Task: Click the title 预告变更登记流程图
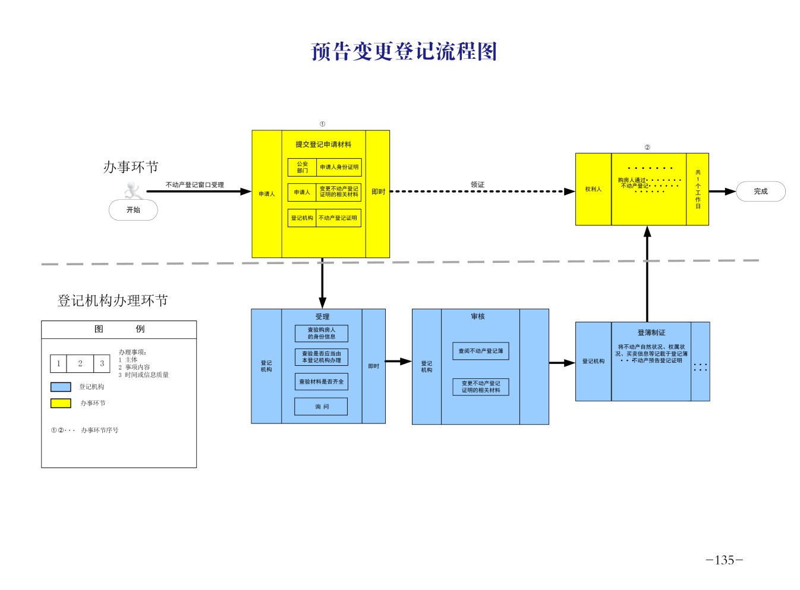pos(404,52)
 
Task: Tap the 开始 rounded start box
pos(133,210)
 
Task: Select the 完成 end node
pos(761,192)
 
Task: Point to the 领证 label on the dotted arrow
pos(477,184)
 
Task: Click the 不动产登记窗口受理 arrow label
pos(194,185)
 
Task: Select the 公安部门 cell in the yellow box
pos(303,167)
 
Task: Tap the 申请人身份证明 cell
pos(339,167)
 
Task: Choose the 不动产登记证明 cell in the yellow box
pos(338,218)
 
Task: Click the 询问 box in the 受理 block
pos(321,407)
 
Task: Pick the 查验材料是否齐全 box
pos(321,382)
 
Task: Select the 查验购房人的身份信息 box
pos(321,333)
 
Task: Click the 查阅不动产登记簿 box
pos(480,351)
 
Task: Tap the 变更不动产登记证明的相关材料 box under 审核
pos(480,387)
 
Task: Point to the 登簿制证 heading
pos(651,332)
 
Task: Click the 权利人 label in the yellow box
pos(593,189)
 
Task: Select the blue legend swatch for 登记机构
pos(61,387)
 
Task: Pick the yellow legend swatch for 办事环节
pos(61,403)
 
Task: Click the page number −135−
pos(724,560)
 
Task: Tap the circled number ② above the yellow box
pos(647,147)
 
